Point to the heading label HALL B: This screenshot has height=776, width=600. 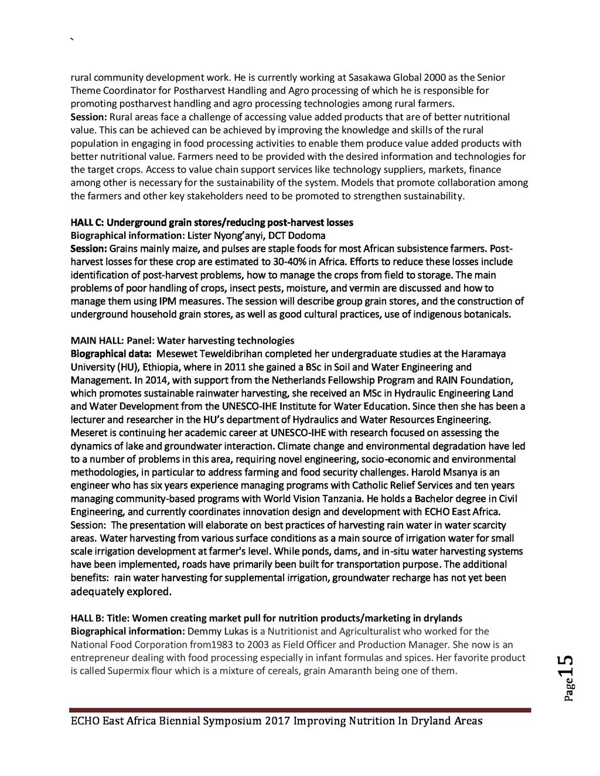click(x=87, y=618)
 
